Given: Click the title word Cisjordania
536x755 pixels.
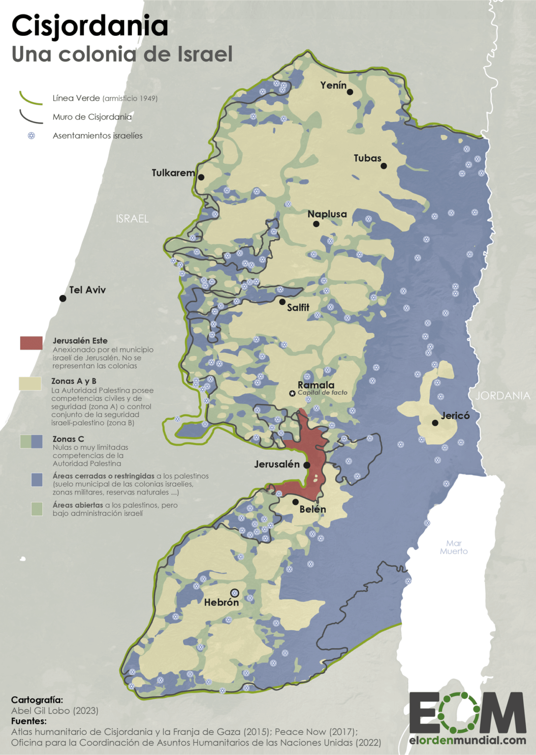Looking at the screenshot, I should [x=90, y=26].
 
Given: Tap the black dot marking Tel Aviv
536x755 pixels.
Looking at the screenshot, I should [x=63, y=298].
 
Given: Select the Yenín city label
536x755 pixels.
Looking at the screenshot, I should [x=333, y=85].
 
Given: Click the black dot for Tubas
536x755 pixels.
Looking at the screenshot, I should [x=384, y=166].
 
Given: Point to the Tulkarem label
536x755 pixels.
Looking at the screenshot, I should [x=173, y=173].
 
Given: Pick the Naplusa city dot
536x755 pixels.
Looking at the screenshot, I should [x=316, y=224].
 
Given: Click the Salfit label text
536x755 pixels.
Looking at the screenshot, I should [x=298, y=307].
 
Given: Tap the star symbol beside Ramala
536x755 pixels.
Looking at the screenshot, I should [x=292, y=393].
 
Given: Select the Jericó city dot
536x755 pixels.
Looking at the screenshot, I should [x=435, y=423].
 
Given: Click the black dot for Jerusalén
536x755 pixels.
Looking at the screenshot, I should [x=307, y=465].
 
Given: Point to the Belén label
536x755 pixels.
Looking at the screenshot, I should [x=313, y=509].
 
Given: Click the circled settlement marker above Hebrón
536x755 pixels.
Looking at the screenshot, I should [x=235, y=593].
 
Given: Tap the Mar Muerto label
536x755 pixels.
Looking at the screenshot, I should [x=454, y=547].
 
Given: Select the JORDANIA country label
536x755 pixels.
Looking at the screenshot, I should [x=503, y=396].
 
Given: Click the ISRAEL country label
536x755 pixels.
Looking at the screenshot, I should [x=132, y=219].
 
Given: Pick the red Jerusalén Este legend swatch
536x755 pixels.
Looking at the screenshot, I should [x=31, y=343].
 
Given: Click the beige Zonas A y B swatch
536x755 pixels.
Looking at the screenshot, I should [x=30, y=383].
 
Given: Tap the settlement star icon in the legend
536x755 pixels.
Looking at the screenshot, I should [x=32, y=136].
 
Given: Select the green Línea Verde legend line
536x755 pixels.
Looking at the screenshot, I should [x=31, y=98].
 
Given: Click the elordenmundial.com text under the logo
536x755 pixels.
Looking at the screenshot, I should [x=467, y=740].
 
